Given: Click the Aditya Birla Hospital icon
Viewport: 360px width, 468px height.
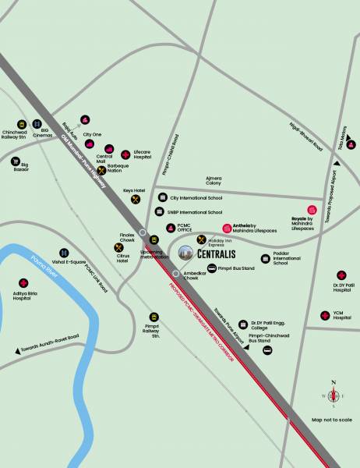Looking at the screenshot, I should (x=22, y=284).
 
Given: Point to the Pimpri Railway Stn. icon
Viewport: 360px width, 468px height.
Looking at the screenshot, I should (x=154, y=317).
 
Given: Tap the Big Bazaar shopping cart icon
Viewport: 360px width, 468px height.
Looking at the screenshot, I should (x=14, y=164).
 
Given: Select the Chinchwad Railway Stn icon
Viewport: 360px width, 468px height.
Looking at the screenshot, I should (x=21, y=124).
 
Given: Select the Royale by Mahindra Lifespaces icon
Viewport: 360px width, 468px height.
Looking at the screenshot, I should (x=312, y=209).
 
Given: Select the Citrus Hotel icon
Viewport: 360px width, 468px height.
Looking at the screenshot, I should (x=118, y=248).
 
